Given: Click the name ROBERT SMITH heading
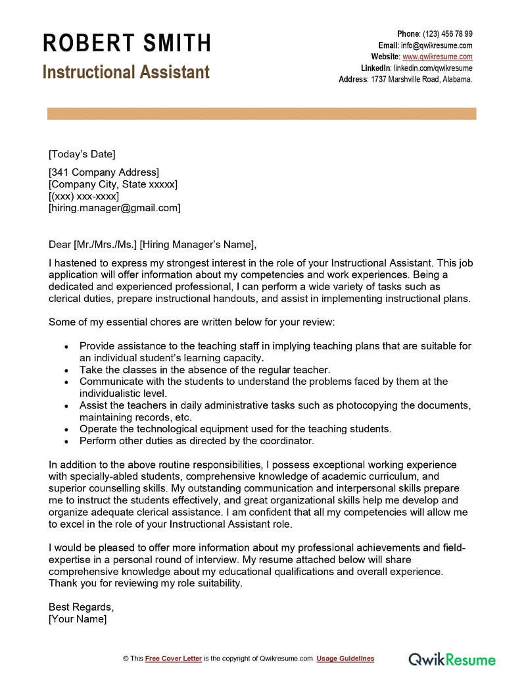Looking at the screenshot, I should (127, 43).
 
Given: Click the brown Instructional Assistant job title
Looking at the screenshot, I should (126, 72).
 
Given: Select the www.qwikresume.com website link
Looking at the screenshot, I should (437, 57).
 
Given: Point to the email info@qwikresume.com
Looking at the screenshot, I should (437, 45).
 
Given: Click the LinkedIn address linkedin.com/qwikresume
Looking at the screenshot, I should (433, 68).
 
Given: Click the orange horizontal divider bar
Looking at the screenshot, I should (262, 114).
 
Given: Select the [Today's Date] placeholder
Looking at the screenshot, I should (82, 154).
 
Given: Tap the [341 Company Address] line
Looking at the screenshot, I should (104, 172).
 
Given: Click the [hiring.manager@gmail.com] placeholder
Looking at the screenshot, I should (114, 208).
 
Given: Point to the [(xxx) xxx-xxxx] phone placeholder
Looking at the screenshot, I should (84, 196).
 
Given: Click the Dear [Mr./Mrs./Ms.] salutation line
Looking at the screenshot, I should (152, 244).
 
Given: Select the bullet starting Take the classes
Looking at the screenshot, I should (204, 370).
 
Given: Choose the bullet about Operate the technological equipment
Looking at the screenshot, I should (235, 428).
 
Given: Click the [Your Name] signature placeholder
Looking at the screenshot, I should (78, 618).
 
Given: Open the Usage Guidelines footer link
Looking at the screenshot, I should (345, 658).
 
